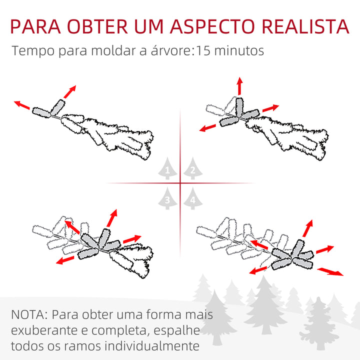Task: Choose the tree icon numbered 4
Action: click(x=192, y=199)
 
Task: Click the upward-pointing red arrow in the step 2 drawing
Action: click(x=239, y=86)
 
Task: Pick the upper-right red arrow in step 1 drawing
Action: click(x=70, y=91)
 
